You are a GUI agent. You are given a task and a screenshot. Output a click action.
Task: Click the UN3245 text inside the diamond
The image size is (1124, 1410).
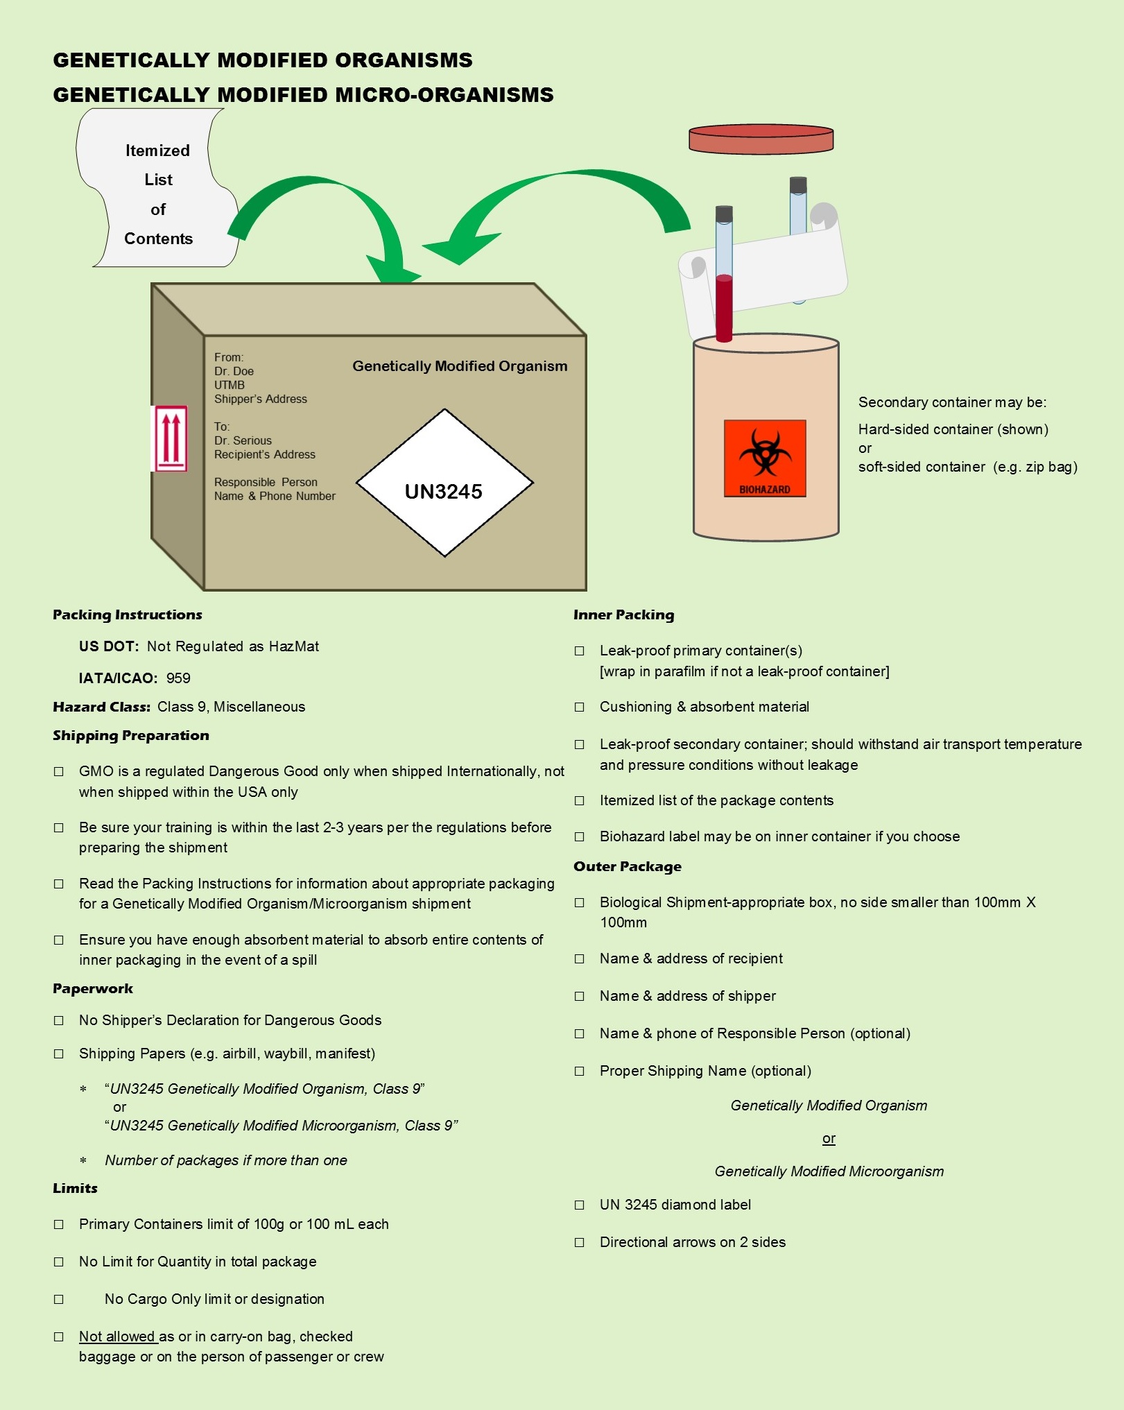443,492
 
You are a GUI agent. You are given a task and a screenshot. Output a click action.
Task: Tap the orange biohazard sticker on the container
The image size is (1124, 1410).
764,458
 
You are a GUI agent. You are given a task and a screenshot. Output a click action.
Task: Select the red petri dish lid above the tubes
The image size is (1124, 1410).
761,139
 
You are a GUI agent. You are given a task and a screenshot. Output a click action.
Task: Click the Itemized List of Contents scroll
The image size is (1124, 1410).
158,194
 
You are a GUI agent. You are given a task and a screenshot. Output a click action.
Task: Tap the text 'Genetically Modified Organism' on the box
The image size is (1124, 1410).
460,366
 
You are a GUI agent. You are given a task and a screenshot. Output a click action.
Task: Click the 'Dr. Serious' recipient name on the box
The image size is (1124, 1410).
243,440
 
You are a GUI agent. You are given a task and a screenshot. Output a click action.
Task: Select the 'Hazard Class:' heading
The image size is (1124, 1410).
101,707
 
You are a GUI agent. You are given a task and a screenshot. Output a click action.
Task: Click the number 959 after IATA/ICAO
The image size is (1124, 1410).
178,678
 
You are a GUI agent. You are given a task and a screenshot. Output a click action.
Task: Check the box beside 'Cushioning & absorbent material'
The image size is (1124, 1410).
580,707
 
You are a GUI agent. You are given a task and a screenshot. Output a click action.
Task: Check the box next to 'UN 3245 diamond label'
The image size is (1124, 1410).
580,1205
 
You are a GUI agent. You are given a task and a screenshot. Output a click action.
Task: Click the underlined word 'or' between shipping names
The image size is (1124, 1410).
829,1139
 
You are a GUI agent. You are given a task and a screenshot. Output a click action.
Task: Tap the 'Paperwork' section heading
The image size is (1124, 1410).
93,989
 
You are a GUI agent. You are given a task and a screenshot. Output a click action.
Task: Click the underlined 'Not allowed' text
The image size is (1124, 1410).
117,1336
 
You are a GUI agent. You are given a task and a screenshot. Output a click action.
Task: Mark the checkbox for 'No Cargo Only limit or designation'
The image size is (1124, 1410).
59,1300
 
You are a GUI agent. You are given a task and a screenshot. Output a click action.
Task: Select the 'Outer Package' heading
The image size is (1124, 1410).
627,866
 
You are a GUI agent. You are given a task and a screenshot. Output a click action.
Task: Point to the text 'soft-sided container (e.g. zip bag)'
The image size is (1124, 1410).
967,467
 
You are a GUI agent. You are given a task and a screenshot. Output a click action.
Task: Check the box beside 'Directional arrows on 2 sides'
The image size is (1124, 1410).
580,1243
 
